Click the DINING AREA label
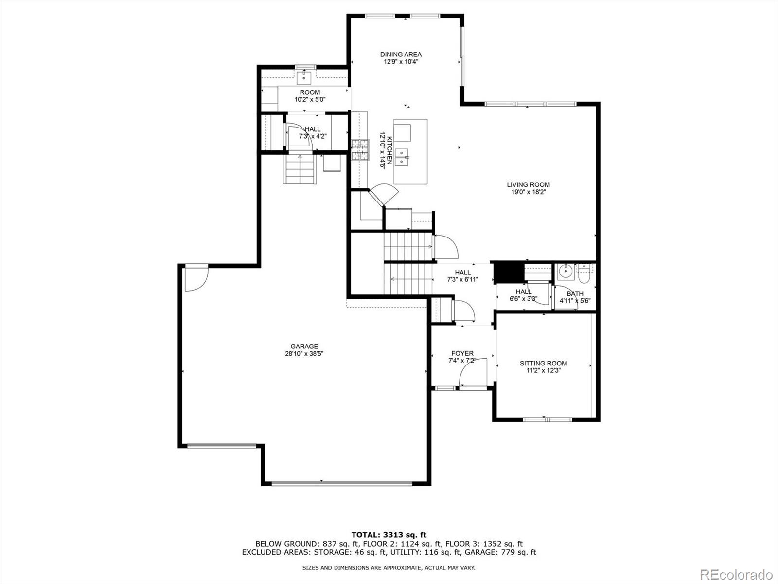(x=401, y=55)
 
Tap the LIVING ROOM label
(x=528, y=184)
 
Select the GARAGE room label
(x=304, y=347)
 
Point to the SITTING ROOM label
(x=543, y=363)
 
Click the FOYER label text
(x=462, y=353)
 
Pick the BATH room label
(x=575, y=293)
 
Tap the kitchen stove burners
(x=360, y=150)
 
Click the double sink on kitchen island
(x=402, y=158)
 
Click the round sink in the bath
(x=565, y=272)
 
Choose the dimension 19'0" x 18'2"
(x=528, y=192)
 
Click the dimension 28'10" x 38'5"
(x=304, y=354)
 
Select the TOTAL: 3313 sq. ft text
(x=389, y=535)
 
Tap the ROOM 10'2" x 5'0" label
(x=310, y=95)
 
